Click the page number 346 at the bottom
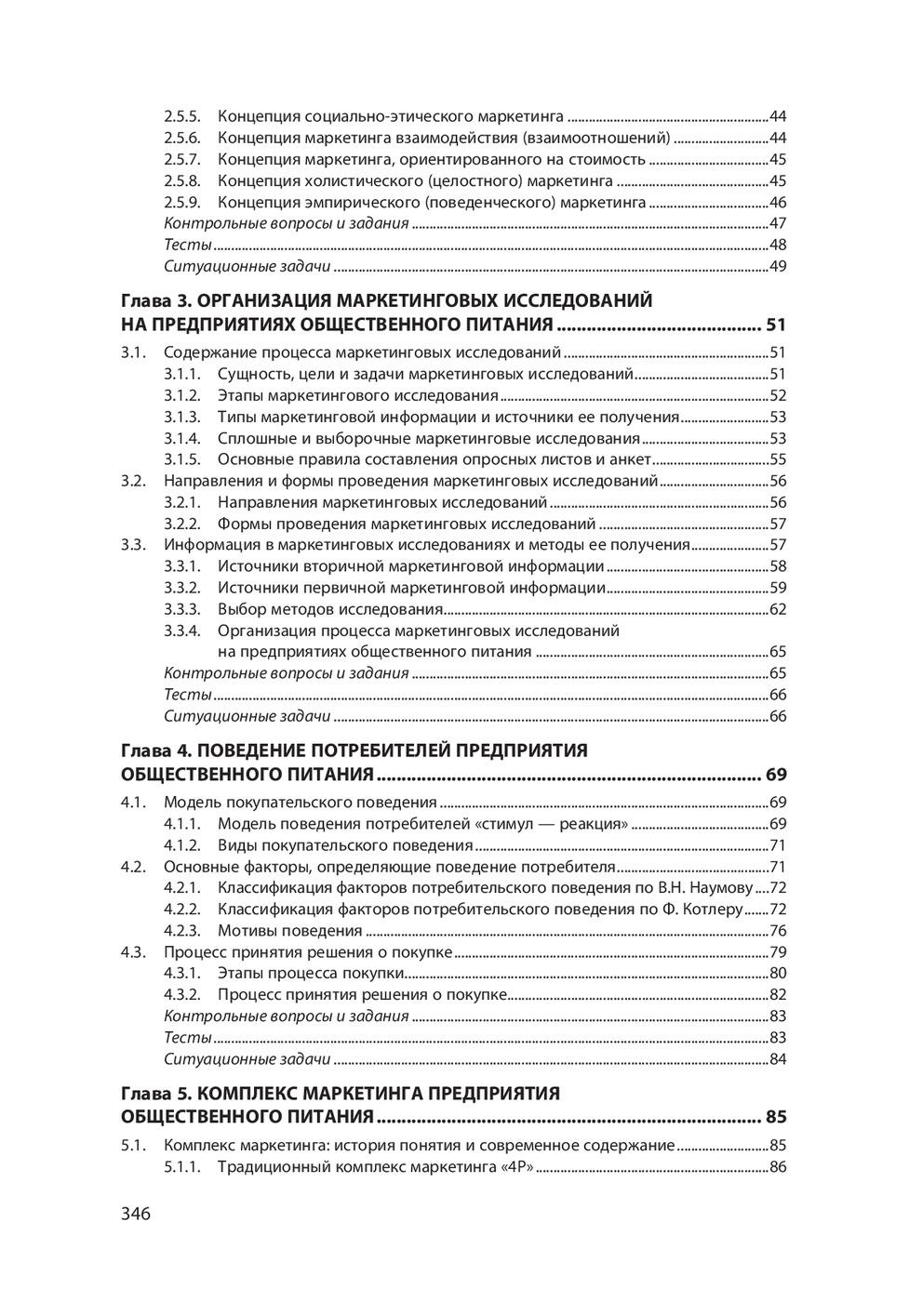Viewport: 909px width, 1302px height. pos(135,1213)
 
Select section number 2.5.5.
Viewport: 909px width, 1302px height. pos(182,116)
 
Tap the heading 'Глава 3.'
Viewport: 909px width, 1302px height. pos(156,300)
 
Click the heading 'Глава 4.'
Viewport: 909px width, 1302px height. pos(156,751)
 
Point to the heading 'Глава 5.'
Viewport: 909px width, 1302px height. pos(156,1093)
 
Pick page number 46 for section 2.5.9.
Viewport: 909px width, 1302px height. pos(778,203)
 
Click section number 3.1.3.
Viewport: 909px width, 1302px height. pos(182,418)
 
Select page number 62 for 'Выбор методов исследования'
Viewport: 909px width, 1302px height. pos(778,610)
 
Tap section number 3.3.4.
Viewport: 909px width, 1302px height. pos(182,631)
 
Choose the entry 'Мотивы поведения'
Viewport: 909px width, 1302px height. pos(289,931)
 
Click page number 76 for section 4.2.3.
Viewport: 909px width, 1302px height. pos(778,931)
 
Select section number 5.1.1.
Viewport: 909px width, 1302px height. pos(182,1166)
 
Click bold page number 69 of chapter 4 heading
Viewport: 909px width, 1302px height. pos(776,775)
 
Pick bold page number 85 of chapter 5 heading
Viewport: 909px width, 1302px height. pos(776,1117)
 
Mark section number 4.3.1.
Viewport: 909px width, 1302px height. pos(182,974)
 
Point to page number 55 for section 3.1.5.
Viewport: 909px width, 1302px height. pos(778,459)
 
